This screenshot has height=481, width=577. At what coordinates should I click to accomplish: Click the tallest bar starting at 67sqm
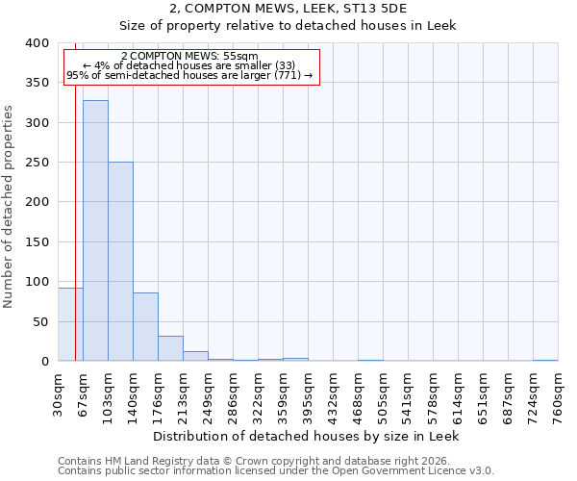[95, 231]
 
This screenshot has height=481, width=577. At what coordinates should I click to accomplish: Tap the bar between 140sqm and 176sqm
[145, 327]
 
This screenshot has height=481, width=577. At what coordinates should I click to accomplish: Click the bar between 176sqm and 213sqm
[170, 348]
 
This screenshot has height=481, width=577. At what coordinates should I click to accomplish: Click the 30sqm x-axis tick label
[59, 392]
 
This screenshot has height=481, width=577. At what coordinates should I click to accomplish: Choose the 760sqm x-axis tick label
[559, 392]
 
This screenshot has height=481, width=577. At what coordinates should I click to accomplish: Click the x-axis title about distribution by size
[307, 436]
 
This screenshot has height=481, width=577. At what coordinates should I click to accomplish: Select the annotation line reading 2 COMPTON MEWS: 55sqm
[190, 56]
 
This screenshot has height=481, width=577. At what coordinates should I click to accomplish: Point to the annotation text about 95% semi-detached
[189, 75]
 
